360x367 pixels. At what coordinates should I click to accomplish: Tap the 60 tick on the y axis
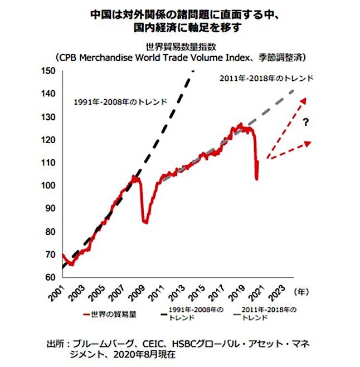50,277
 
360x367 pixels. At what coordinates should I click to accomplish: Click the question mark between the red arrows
306,123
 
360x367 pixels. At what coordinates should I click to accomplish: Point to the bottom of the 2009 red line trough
145,222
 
